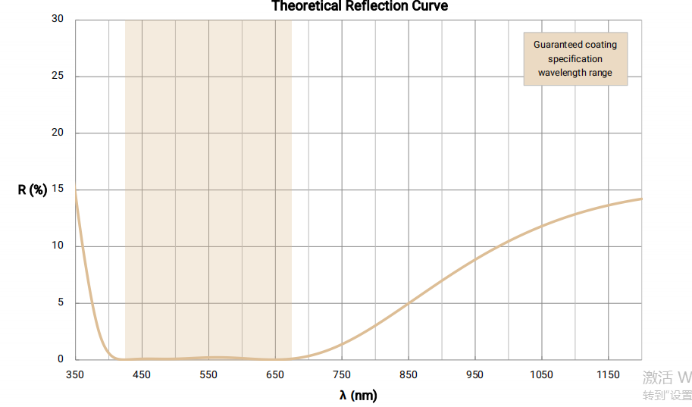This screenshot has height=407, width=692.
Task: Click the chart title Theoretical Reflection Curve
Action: pyautogui.click(x=359, y=6)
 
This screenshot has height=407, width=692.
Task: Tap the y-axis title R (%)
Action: pyautogui.click(x=33, y=189)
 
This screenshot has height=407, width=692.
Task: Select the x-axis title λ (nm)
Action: pyautogui.click(x=358, y=395)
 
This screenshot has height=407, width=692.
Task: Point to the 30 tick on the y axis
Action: pyautogui.click(x=58, y=19)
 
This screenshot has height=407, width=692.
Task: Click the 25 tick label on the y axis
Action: pyautogui.click(x=58, y=76)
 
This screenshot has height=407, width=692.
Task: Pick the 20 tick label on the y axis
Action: pyautogui.click(x=58, y=133)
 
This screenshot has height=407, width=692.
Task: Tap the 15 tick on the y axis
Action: pyautogui.click(x=58, y=189)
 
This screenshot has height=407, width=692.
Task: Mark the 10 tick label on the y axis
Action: pyautogui.click(x=58, y=246)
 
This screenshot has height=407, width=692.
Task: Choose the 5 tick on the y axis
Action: pyautogui.click(x=61, y=302)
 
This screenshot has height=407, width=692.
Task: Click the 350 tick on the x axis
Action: pyautogui.click(x=75, y=374)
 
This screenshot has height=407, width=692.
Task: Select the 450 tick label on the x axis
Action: pyautogui.click(x=142, y=374)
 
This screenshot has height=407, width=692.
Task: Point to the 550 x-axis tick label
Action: pyautogui.click(x=208, y=374)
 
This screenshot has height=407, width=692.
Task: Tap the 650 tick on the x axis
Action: pyautogui.click(x=275, y=374)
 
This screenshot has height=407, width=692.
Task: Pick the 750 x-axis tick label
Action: pyautogui.click(x=342, y=374)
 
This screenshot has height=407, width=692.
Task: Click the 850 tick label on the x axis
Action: pyautogui.click(x=409, y=374)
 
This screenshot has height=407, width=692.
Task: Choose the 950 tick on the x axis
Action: pyautogui.click(x=475, y=374)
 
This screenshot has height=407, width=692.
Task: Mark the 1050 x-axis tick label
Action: pyautogui.click(x=542, y=374)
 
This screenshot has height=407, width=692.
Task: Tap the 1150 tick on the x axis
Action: pyautogui.click(x=609, y=374)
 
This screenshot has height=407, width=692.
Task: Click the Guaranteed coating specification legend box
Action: pyautogui.click(x=575, y=58)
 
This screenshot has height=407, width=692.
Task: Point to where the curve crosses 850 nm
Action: pyautogui.click(x=409, y=303)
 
